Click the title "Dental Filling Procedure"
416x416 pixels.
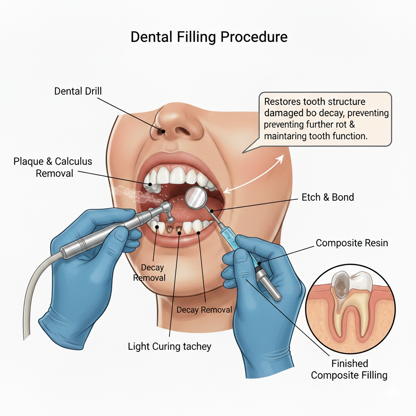(209, 37)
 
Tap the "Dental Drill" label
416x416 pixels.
(78, 91)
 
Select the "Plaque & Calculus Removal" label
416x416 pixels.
(53, 167)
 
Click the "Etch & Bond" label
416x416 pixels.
(327, 197)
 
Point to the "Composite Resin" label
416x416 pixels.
(352, 243)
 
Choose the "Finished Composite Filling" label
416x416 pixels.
(349, 369)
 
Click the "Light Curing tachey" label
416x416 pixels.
(169, 347)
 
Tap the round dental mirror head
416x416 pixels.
(196, 198)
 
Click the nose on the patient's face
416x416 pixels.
(166, 120)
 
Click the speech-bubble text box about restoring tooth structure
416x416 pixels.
(325, 119)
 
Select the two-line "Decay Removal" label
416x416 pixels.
(153, 273)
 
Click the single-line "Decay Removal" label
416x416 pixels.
(204, 310)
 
